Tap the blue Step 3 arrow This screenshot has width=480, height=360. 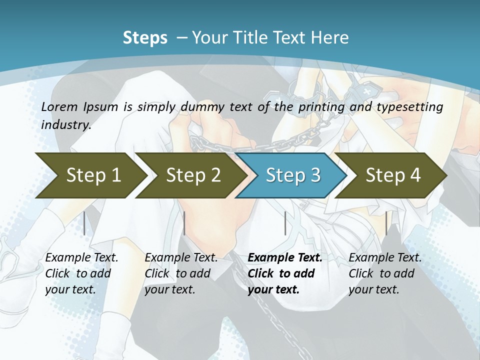coord(292,175)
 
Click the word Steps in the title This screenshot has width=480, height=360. coord(145,38)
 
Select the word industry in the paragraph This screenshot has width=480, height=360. coord(65,124)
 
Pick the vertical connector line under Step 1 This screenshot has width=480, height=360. coord(84,223)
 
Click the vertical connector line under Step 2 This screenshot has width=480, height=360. coord(184,223)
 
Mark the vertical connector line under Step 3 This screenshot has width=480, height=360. coord(285,223)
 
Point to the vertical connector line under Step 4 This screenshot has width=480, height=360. coord(385,223)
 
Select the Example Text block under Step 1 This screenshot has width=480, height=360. coord(81,273)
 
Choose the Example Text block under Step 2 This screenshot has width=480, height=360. coord(181,273)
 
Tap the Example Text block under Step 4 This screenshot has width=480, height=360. coord(384,273)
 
